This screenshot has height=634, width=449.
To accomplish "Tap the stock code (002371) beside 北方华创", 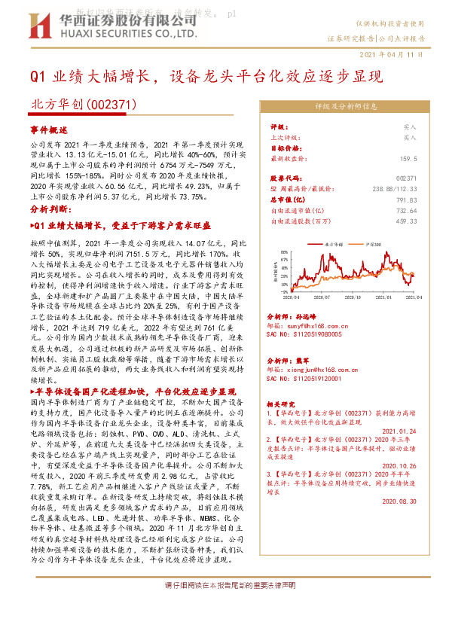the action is click(112, 105).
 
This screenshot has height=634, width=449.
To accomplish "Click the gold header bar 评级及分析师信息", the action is click(346, 107).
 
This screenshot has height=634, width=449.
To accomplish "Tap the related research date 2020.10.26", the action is click(400, 466).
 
